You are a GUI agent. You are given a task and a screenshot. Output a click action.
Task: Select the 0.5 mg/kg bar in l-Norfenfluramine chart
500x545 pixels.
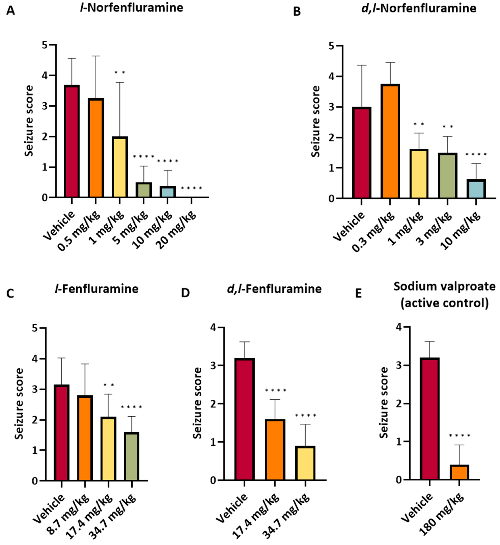point(96,148)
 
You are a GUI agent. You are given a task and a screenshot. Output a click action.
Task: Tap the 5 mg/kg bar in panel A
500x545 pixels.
point(144,190)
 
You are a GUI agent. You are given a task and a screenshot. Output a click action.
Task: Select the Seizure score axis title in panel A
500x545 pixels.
point(29,121)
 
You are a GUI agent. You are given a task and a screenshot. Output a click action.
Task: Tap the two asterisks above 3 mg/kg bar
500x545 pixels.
point(447,127)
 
